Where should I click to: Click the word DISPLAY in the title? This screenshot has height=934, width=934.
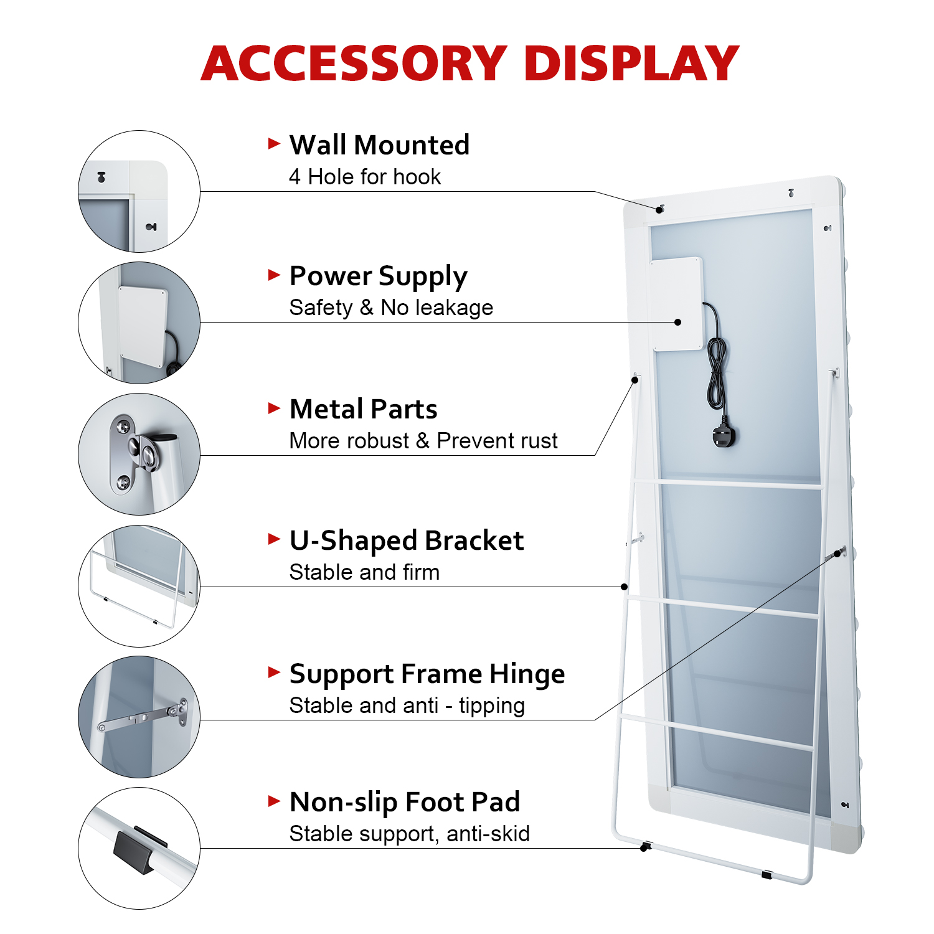[631, 64]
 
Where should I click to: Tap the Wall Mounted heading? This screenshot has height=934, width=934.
[379, 145]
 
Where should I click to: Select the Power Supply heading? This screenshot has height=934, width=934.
[378, 276]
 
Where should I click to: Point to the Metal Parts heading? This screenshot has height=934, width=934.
[363, 409]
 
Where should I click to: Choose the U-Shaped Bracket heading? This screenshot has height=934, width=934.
[406, 540]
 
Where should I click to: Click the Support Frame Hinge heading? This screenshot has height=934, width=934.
[427, 674]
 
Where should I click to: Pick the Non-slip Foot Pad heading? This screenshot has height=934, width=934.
[405, 802]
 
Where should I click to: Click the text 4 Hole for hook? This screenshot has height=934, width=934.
[365, 177]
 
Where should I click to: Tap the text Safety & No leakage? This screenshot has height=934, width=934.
[391, 308]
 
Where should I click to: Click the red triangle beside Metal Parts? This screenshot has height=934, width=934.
[274, 408]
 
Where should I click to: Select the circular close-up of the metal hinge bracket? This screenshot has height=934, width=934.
[139, 454]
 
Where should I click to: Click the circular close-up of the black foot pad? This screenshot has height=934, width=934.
[139, 848]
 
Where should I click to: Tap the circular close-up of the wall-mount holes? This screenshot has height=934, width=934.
[139, 191]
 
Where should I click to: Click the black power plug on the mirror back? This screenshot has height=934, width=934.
[724, 436]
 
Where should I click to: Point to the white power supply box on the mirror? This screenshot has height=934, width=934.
[676, 304]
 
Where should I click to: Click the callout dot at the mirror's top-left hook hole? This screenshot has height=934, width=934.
[659, 210]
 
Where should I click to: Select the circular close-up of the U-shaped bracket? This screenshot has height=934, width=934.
[139, 586]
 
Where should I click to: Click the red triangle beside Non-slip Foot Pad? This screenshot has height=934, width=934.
[274, 801]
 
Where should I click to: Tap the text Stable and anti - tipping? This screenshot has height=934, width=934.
[407, 706]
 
